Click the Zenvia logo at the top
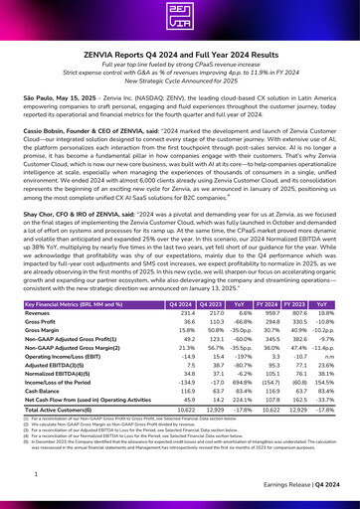[x=179, y=23]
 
